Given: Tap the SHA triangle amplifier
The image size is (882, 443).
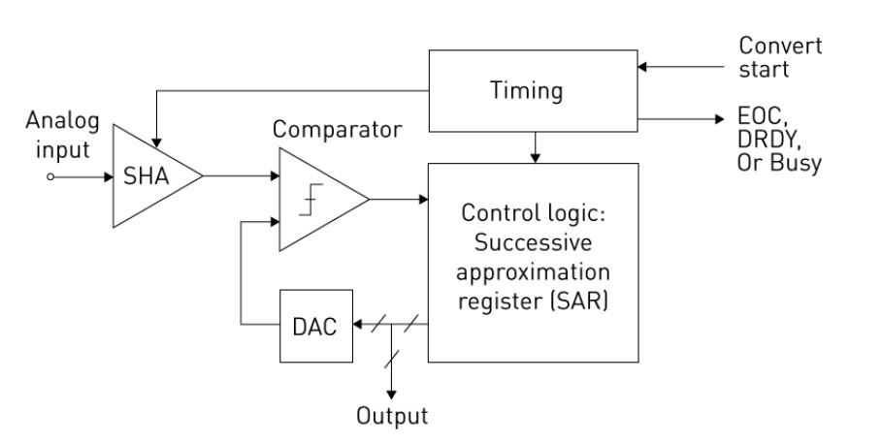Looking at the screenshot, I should (146, 176).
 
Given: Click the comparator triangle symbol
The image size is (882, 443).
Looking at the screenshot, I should (315, 199).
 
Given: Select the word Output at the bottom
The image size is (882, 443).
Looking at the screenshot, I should (393, 417).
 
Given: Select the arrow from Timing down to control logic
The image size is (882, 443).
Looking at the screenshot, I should (535, 145).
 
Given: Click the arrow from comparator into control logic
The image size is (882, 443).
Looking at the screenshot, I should (398, 199).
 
